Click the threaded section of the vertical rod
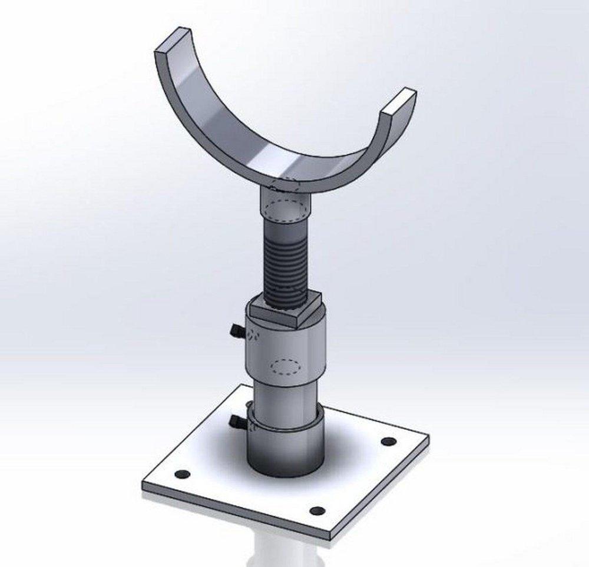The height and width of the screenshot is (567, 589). pos(286,259)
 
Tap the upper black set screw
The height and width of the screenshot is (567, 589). pos(236,331)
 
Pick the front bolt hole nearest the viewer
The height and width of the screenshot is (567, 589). pos(317,510)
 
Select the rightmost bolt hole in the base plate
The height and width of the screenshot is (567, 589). pos(387,441)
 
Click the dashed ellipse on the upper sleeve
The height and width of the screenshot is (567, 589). pos(286,366)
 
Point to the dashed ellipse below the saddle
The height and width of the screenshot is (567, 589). pos(286,210)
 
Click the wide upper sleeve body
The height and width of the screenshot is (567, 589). pos(286,347)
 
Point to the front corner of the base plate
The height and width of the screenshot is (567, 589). pos(330,538)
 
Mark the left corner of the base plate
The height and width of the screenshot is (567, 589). pos(143,486)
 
